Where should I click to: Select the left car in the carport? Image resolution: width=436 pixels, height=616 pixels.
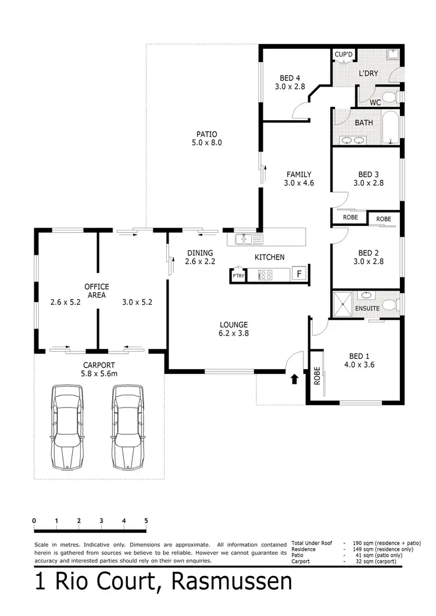pos(67,427)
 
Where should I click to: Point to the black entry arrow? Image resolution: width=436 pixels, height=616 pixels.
pos(294,379)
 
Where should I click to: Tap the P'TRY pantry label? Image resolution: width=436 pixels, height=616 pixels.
pos(238,276)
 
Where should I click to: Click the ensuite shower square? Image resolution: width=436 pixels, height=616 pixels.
pos(344,302)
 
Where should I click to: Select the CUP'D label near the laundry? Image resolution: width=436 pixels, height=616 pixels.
pos(343,55)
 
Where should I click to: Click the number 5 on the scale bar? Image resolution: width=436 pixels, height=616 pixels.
pos(146,520)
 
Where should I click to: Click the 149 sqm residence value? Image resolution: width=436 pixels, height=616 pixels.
pos(354,549)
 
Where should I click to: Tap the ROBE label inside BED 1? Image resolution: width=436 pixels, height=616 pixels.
pos(317,377)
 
